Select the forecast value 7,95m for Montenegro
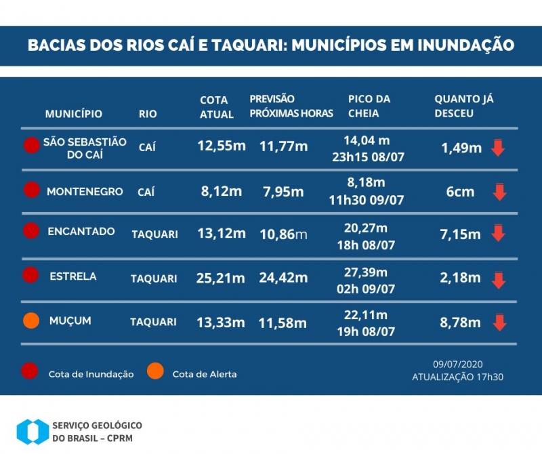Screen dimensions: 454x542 283,192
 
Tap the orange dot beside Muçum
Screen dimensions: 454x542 30,321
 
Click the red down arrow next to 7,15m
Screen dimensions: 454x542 499,234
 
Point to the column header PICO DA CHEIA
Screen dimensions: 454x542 369,106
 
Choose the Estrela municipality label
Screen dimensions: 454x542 73,276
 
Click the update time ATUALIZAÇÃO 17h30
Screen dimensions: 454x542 457,377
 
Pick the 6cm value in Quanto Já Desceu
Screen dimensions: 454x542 460,192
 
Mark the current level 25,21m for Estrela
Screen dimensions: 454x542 222,278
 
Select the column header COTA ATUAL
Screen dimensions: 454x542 216,107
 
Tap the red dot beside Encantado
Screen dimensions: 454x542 30,231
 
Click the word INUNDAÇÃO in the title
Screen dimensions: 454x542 465,45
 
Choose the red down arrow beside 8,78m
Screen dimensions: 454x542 499,323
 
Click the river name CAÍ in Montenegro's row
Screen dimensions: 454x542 146,192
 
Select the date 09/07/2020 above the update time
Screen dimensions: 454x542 457,364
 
